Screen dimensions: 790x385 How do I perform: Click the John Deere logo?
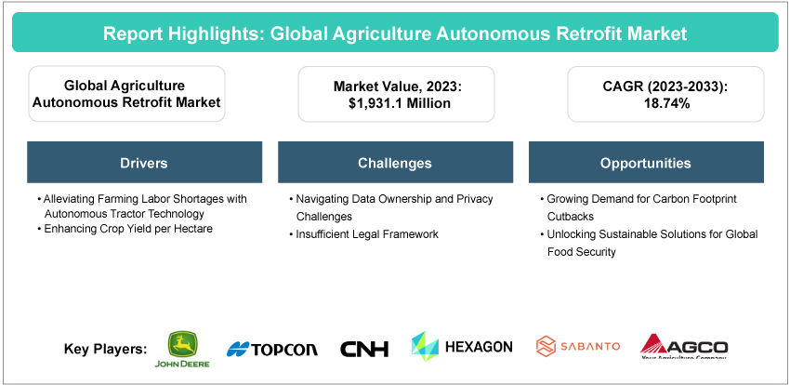(182, 350)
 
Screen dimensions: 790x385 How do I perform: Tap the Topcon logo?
(272, 349)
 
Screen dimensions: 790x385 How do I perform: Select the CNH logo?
(364, 349)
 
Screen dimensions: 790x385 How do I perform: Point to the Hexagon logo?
(462, 347)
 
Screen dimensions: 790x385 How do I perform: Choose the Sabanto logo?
(578, 347)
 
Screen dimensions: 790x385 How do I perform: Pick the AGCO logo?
(684, 347)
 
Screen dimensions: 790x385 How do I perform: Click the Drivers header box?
(145, 162)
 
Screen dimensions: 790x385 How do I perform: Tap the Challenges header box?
(396, 162)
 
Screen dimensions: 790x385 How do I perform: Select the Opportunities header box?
(647, 162)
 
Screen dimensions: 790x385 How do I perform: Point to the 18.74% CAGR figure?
(665, 103)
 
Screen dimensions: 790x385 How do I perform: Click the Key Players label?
(106, 350)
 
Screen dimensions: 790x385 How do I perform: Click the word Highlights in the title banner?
(215, 33)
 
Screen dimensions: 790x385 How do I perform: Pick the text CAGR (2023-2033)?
(665, 86)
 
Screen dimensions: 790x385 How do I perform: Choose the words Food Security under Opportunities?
(582, 251)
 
